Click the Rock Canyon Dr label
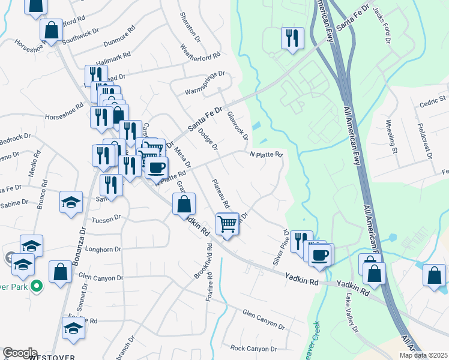(254, 349)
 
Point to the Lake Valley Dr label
(352, 322)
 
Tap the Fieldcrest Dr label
(424, 142)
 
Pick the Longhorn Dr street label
(103, 249)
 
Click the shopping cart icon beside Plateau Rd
(228, 224)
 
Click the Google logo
(20, 353)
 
